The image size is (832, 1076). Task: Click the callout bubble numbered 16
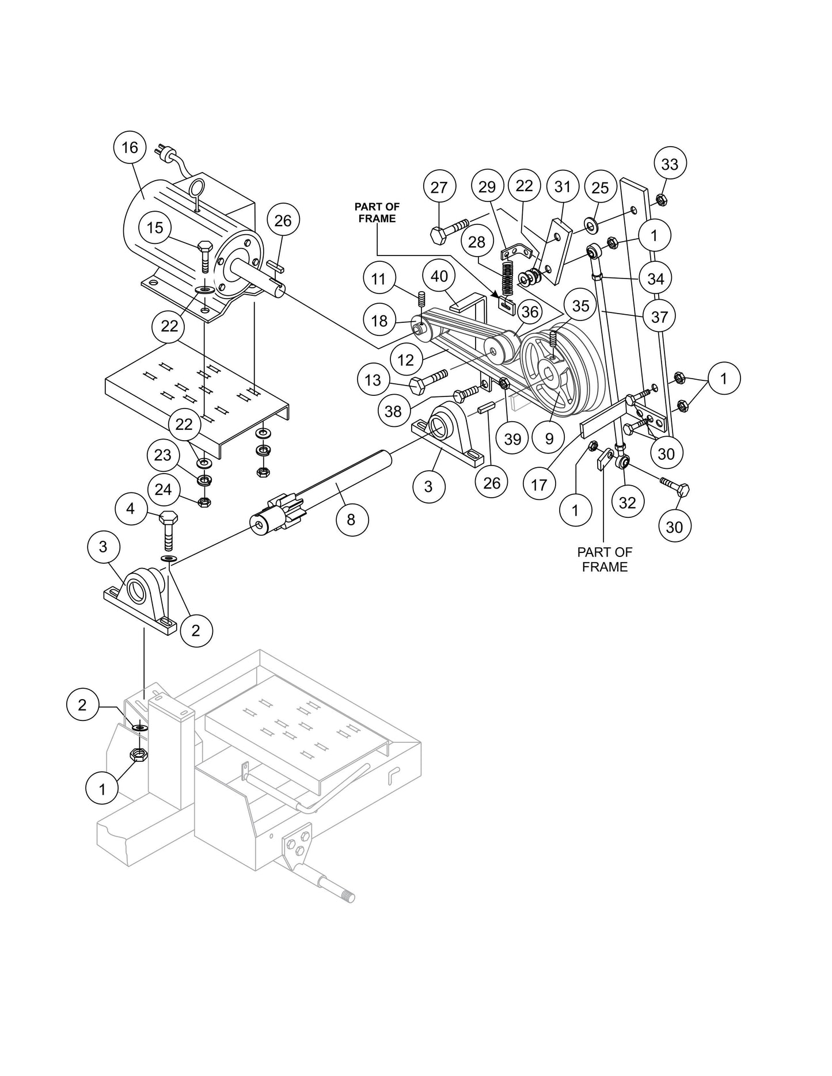130,148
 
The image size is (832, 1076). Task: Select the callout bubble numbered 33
670,164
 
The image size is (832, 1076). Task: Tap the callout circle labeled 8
351,520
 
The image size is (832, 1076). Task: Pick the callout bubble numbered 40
439,276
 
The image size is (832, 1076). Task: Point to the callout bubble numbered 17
539,485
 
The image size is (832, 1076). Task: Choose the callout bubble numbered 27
439,188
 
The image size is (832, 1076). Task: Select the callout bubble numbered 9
549,439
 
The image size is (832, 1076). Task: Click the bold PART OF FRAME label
377,212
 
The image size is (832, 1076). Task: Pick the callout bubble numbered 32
627,502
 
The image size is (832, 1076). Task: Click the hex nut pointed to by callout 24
203,502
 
